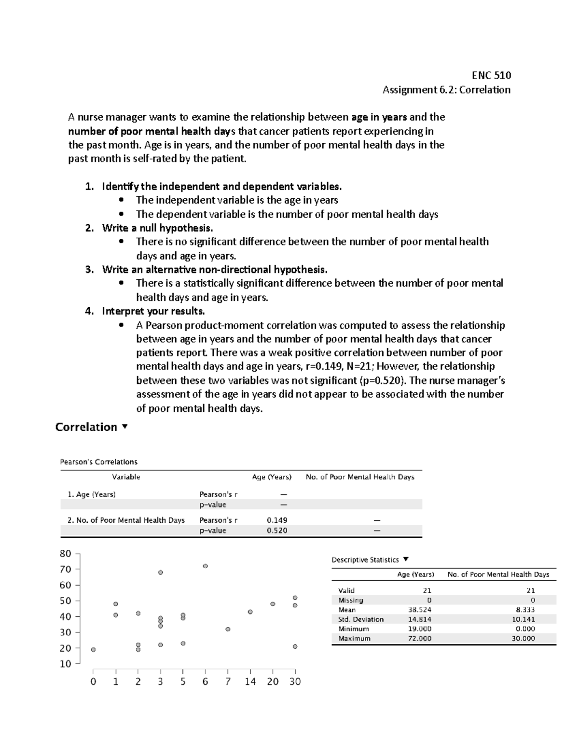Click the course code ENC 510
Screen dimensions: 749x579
491,75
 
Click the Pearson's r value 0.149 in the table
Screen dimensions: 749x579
276,520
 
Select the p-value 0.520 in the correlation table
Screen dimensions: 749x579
276,531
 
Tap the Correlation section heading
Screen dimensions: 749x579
86,427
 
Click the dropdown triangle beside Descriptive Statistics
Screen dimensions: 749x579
406,559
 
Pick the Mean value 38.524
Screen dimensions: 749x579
419,610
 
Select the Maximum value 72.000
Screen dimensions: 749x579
419,638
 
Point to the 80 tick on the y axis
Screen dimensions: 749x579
65,554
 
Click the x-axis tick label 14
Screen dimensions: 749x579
250,681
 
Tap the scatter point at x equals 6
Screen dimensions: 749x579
205,566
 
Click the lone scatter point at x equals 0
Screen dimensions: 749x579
93,650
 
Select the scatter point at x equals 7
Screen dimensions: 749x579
228,629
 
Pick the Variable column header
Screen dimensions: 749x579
126,477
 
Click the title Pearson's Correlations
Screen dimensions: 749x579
98,462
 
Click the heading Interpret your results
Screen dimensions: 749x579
153,311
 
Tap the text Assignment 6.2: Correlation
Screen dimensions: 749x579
446,90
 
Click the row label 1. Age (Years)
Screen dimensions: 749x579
91,494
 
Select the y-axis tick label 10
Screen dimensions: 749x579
65,664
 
